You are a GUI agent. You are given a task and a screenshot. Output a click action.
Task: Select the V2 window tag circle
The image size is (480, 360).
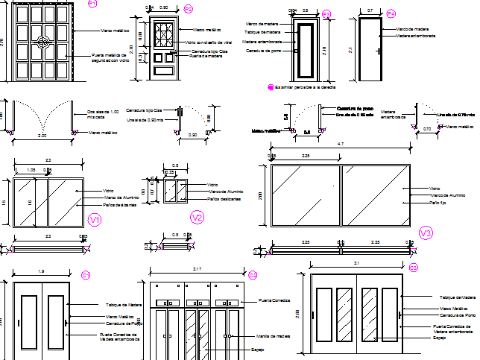pyautogui.click(x=197, y=218)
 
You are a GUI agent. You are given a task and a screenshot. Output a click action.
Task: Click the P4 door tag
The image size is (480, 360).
pyautogui.click(x=391, y=13)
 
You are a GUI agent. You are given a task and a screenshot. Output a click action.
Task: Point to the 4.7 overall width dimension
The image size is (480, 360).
pyautogui.click(x=340, y=143)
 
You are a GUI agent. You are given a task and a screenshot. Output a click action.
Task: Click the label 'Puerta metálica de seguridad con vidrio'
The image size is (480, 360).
pyautogui.click(x=109, y=58)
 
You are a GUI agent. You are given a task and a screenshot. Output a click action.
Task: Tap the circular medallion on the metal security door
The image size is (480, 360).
pyautogui.click(x=42, y=42)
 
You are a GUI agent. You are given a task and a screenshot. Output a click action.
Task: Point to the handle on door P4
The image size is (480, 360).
pyautogui.click(x=380, y=51)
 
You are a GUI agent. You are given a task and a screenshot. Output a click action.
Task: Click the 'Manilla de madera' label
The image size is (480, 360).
pyautogui.click(x=272, y=336)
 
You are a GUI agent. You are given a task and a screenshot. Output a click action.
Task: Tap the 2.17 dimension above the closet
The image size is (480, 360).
pyautogui.click(x=196, y=268)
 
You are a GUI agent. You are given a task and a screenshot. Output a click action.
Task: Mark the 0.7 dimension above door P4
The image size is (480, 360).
pyautogui.click(x=370, y=10)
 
